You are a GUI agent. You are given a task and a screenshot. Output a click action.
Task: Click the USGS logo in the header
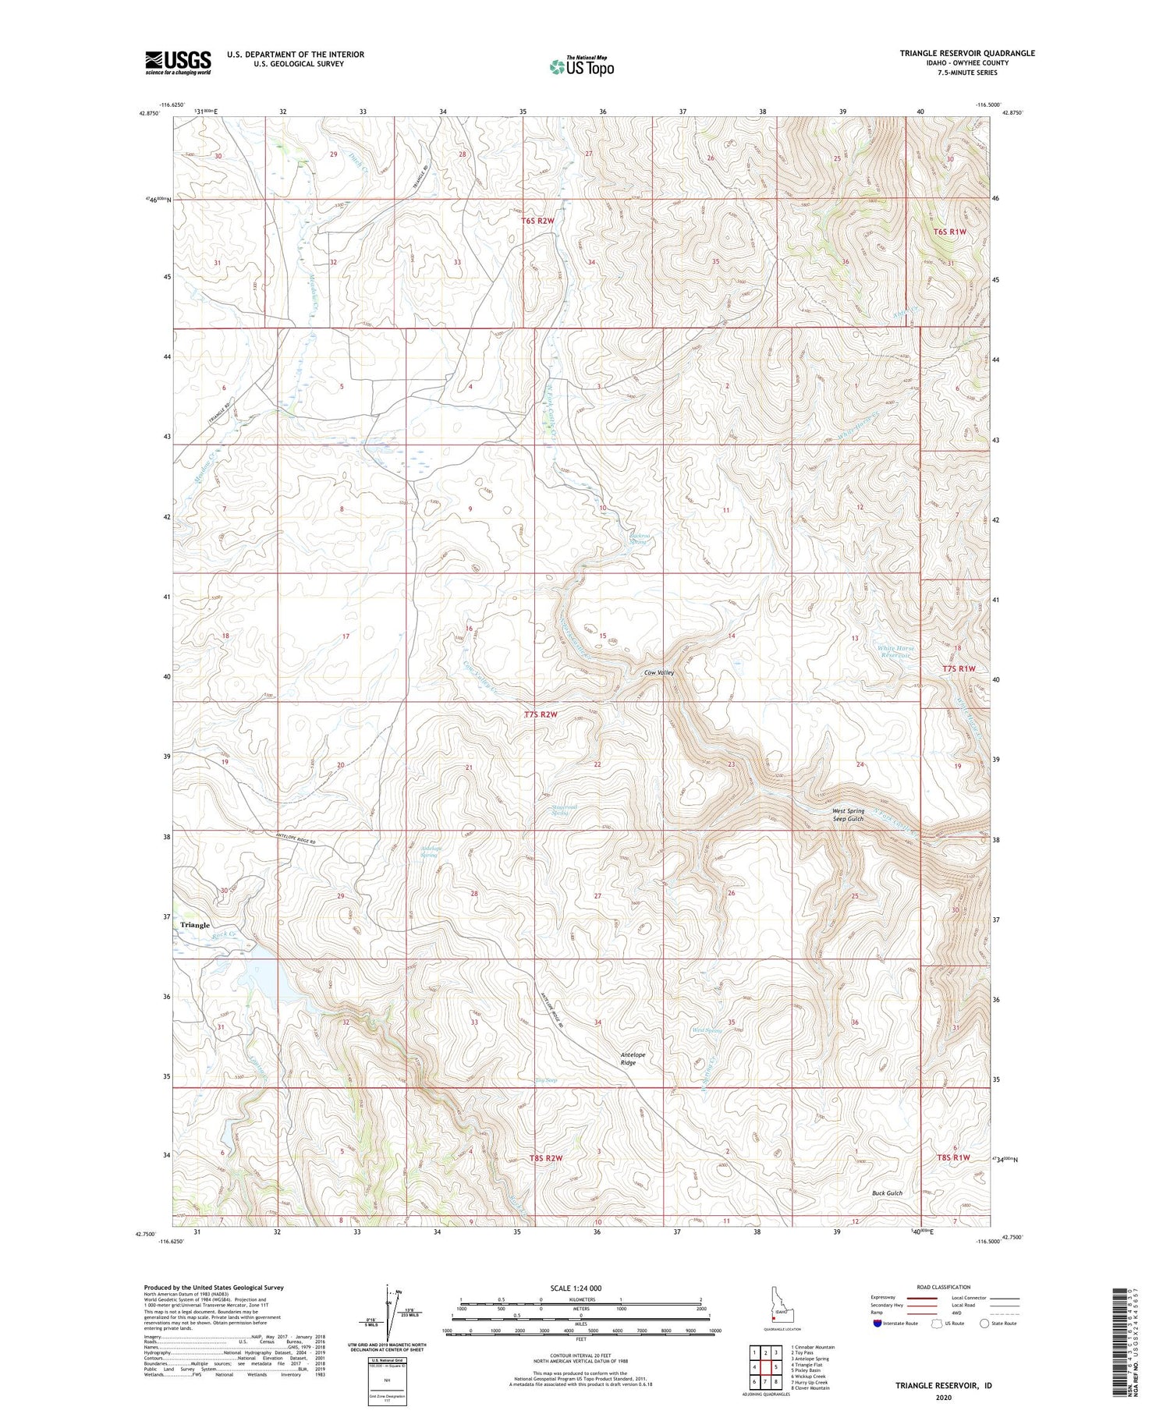point(178,62)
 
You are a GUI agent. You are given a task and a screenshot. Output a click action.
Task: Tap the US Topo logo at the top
point(581,67)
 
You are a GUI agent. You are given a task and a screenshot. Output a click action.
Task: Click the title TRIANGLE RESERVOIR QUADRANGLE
point(967,53)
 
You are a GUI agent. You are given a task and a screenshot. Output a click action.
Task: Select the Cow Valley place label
point(658,672)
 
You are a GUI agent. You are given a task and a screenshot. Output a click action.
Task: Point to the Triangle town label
point(195,925)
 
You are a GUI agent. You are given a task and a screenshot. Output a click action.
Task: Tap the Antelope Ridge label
point(633,1059)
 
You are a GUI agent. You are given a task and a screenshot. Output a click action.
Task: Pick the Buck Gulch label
point(887,1193)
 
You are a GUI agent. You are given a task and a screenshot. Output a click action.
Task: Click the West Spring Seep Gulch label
point(848,815)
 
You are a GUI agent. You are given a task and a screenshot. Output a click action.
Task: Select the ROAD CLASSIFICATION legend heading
point(943,1287)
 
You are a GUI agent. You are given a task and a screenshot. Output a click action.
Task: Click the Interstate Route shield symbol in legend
point(877,1324)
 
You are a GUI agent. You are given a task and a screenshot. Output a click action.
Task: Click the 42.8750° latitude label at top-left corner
point(149,114)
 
